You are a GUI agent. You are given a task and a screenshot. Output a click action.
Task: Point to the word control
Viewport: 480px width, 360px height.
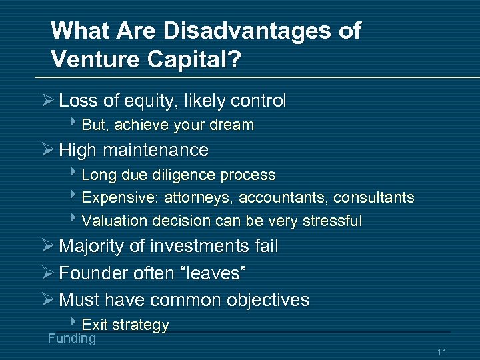click(x=258, y=101)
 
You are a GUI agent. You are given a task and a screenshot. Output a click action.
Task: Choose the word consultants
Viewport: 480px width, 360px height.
click(x=373, y=198)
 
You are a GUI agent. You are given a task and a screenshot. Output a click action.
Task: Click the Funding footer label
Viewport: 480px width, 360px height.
click(x=72, y=339)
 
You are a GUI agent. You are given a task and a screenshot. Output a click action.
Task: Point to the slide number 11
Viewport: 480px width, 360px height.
click(x=441, y=352)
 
